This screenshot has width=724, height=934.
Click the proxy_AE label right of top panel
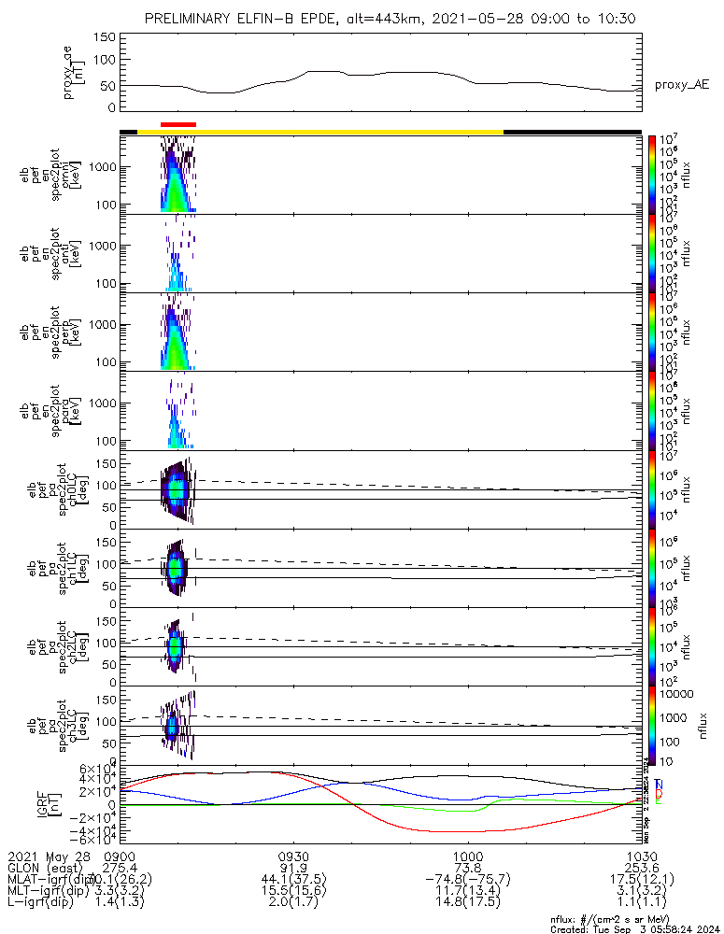click(682, 85)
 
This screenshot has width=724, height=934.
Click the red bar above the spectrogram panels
click(178, 123)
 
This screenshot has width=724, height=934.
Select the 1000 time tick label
click(467, 855)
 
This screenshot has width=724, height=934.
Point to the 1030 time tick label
click(640, 855)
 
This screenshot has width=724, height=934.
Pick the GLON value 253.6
click(640, 867)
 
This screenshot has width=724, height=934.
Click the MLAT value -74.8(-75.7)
click(467, 879)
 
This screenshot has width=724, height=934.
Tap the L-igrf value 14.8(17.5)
click(467, 903)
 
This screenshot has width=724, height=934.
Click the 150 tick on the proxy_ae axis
click(105, 36)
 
